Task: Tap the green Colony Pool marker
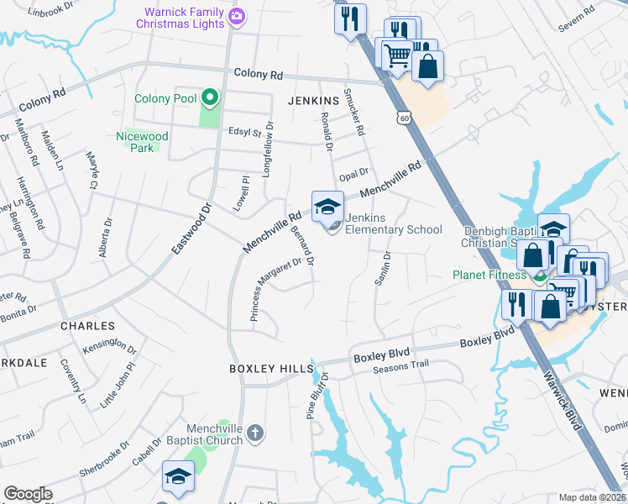207,98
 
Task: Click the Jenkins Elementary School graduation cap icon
327,207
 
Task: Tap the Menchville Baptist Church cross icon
257,434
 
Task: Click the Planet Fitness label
489,275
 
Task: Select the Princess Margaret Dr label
276,289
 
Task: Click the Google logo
28,494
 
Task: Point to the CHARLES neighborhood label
87,325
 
